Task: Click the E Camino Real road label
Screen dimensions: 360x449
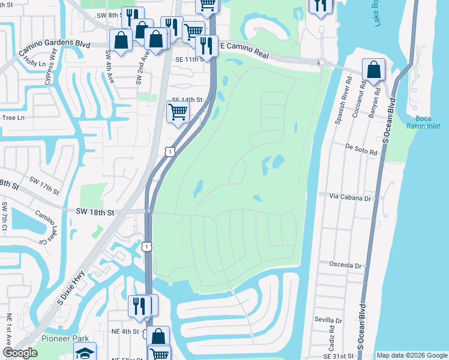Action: pos(246,46)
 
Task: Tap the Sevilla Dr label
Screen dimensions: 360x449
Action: pos(327,321)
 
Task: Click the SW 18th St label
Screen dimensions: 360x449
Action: pos(95,212)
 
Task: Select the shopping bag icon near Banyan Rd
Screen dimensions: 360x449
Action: pos(373,69)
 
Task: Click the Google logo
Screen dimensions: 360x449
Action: pos(20,353)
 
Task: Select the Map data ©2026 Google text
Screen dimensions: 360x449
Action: pos(411,355)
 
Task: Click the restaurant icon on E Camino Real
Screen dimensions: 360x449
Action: pos(206,46)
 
